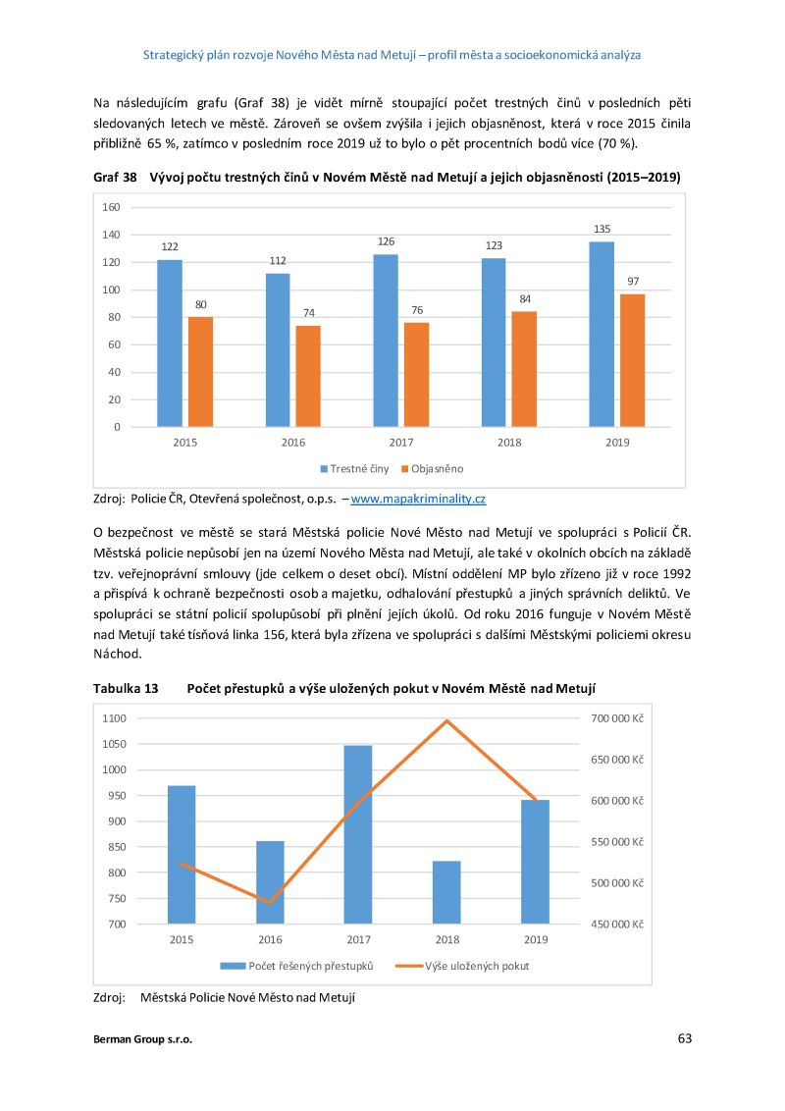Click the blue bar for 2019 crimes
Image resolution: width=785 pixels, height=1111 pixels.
pyautogui.click(x=602, y=334)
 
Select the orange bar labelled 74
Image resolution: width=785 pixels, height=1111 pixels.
pyautogui.click(x=307, y=376)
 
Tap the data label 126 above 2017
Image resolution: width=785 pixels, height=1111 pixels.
pyautogui.click(x=386, y=241)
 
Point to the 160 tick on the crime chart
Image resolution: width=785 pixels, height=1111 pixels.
pyautogui.click(x=110, y=207)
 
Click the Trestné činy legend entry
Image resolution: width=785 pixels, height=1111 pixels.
pyautogui.click(x=354, y=469)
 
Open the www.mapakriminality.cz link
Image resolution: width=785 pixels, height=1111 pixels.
pyautogui.click(x=418, y=499)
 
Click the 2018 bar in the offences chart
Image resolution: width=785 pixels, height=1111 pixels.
pyautogui.click(x=446, y=892)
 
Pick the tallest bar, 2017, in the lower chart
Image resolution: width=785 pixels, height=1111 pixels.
pyautogui.click(x=358, y=834)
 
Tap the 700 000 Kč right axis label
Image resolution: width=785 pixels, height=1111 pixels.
pyautogui.click(x=616, y=718)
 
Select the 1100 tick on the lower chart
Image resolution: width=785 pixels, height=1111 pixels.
pyautogui.click(x=114, y=718)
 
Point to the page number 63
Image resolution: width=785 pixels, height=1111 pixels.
pyautogui.click(x=684, y=1038)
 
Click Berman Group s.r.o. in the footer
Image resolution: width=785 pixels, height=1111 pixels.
pyautogui.click(x=142, y=1040)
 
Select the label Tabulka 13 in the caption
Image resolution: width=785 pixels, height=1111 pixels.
pyautogui.click(x=126, y=688)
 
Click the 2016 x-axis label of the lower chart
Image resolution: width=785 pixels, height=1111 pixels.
pyautogui.click(x=270, y=939)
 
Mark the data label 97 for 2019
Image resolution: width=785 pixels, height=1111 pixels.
pyautogui.click(x=633, y=282)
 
